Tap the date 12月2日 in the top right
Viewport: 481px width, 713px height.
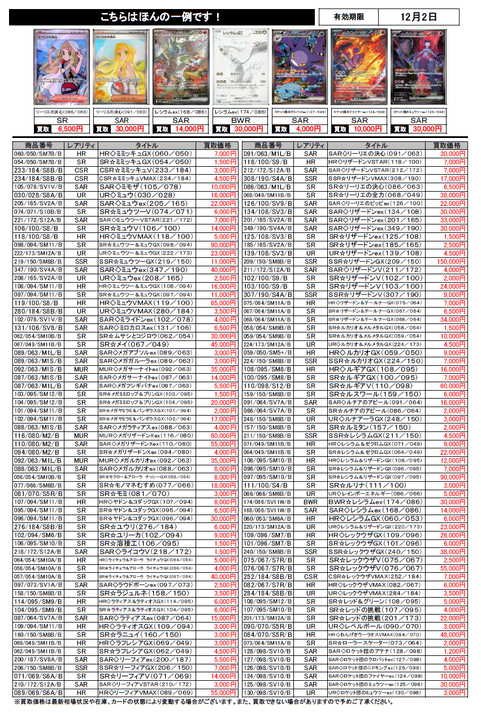(x=418, y=17)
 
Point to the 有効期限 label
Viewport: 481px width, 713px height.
(x=348, y=17)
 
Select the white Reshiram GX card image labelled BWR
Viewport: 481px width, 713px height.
(x=240, y=66)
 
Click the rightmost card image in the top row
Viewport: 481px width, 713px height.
(x=419, y=66)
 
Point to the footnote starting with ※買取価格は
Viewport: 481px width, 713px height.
(x=203, y=702)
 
